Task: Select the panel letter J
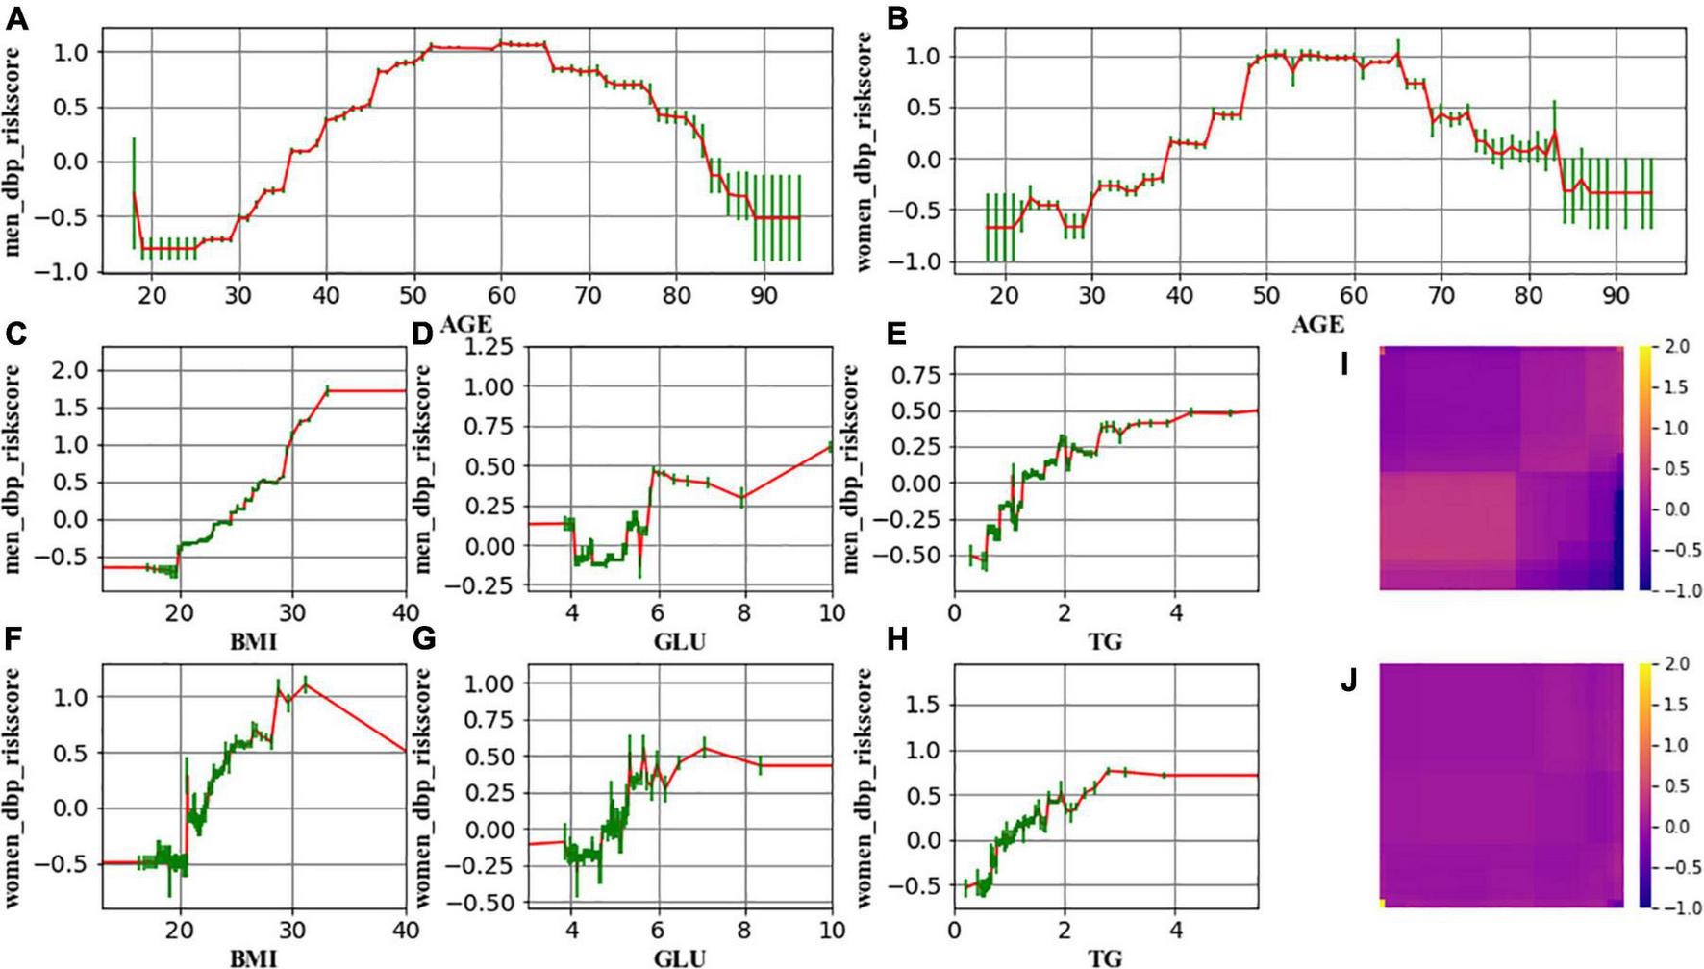tap(1349, 682)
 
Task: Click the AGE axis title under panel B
tap(1316, 324)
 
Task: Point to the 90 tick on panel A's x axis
tap(764, 294)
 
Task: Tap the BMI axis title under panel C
tap(253, 640)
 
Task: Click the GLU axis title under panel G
tap(679, 957)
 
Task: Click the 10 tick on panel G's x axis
tap(831, 931)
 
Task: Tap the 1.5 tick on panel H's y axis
tap(923, 706)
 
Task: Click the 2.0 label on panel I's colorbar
tap(1676, 347)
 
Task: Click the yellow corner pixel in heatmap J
tap(1383, 903)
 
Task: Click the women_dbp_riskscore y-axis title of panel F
tap(14, 788)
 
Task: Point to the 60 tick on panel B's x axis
tap(1354, 295)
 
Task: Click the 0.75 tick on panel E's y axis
tap(916, 374)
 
